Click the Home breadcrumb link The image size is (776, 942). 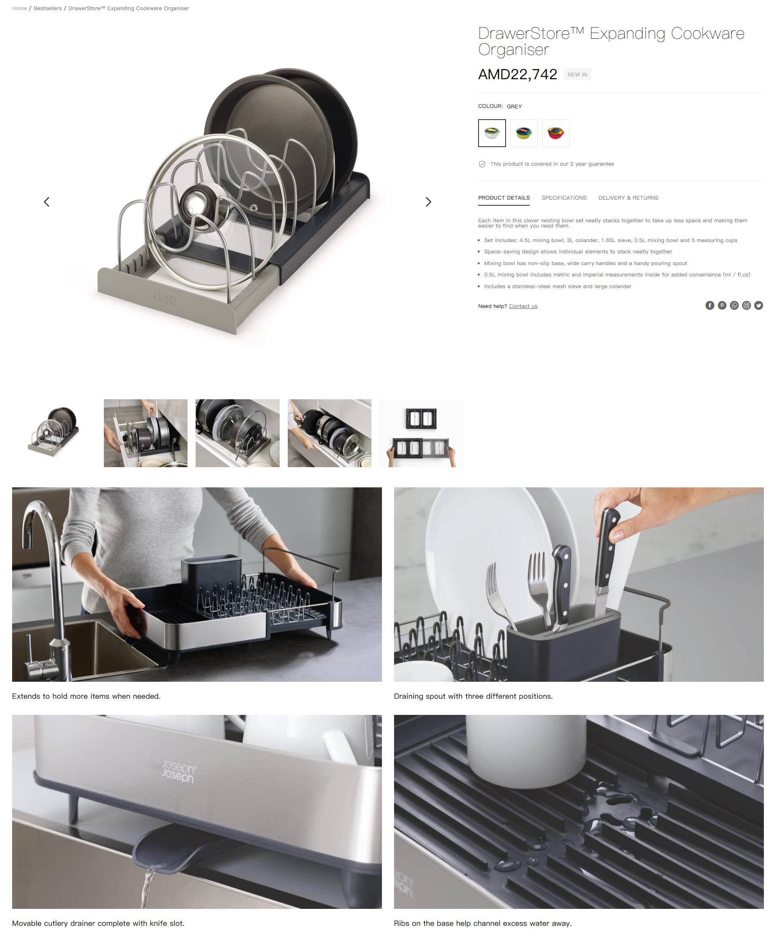tap(19, 8)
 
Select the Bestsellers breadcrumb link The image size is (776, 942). tap(47, 8)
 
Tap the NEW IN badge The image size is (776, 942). tap(577, 75)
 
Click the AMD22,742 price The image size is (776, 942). tap(517, 74)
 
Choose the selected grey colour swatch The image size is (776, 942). tap(492, 133)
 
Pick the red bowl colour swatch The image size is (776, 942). tap(556, 133)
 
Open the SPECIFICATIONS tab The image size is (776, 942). tap(564, 198)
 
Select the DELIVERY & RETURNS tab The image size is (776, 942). tap(628, 198)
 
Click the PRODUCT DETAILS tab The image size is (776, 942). tap(504, 198)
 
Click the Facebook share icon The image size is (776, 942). tap(709, 305)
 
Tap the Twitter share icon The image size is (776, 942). tap(759, 305)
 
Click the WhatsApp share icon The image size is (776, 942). tap(734, 305)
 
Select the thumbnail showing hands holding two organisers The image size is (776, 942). tap(421, 433)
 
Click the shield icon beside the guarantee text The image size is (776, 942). tap(482, 164)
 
